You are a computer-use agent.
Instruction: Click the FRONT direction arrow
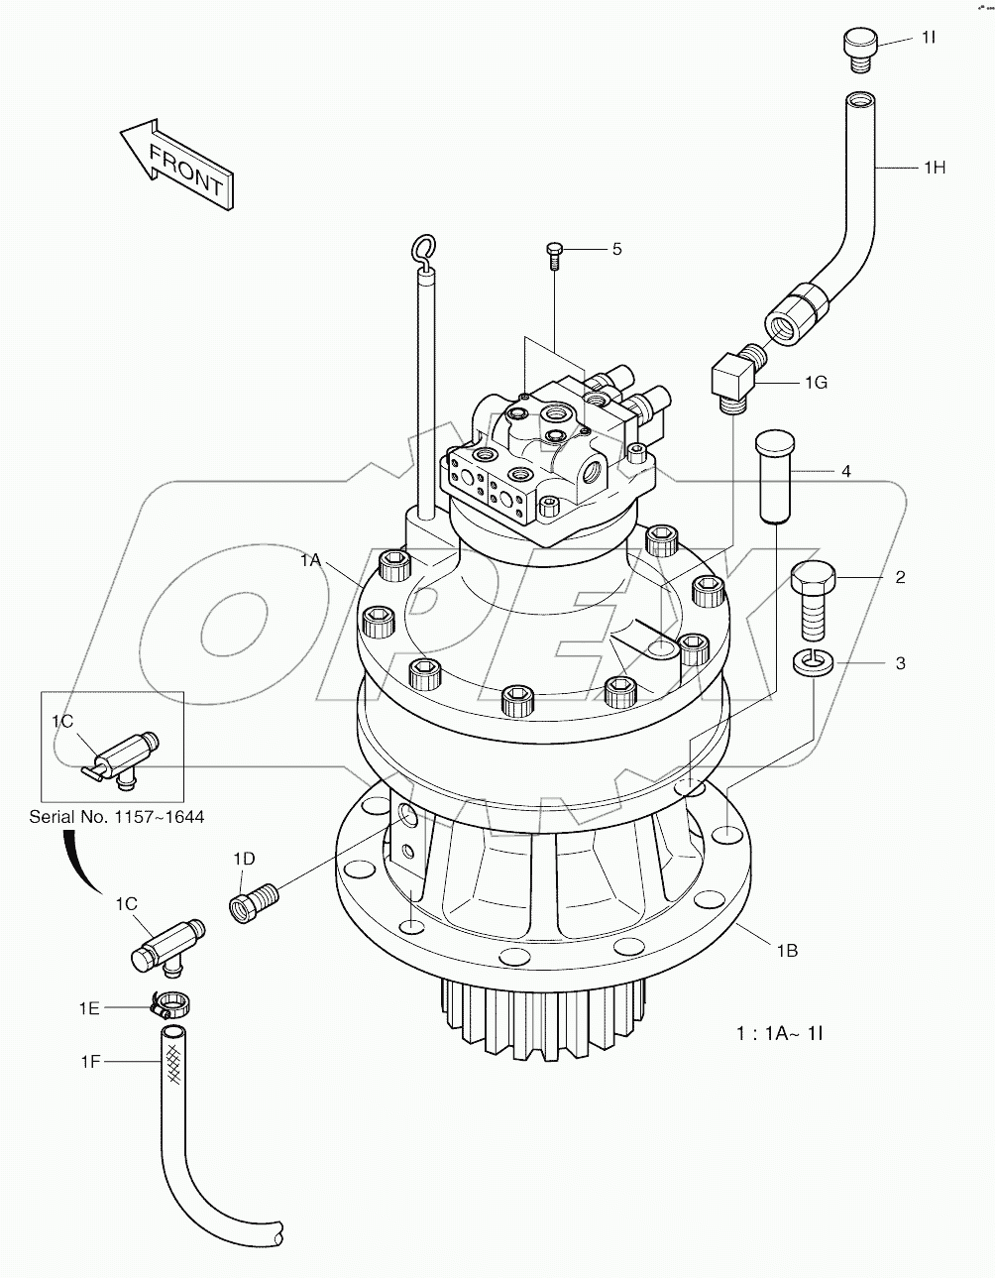[x=174, y=164]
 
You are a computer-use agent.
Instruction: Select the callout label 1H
[x=934, y=168]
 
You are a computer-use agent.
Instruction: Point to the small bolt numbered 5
[x=555, y=255]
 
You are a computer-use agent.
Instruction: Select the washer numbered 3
[x=814, y=661]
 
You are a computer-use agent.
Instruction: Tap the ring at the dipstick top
[x=423, y=250]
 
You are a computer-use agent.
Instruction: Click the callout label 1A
[x=311, y=560]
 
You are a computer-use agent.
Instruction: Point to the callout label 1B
[x=787, y=950]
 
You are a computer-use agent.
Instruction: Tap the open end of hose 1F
[x=174, y=1033]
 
